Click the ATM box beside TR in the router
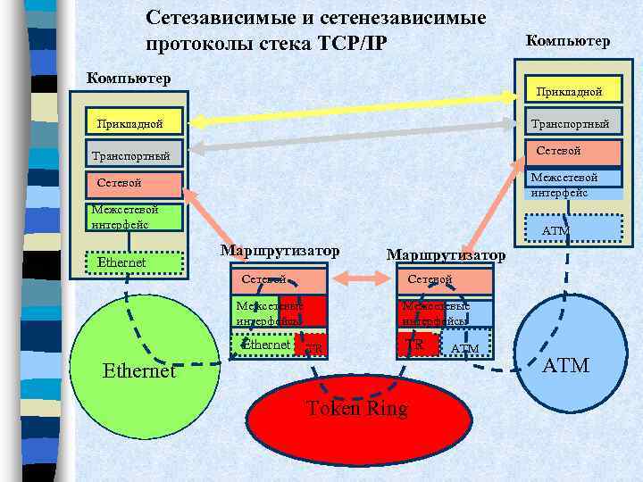coord(465,347)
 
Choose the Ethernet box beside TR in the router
coord(265,345)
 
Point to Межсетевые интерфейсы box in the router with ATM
coord(445,312)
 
